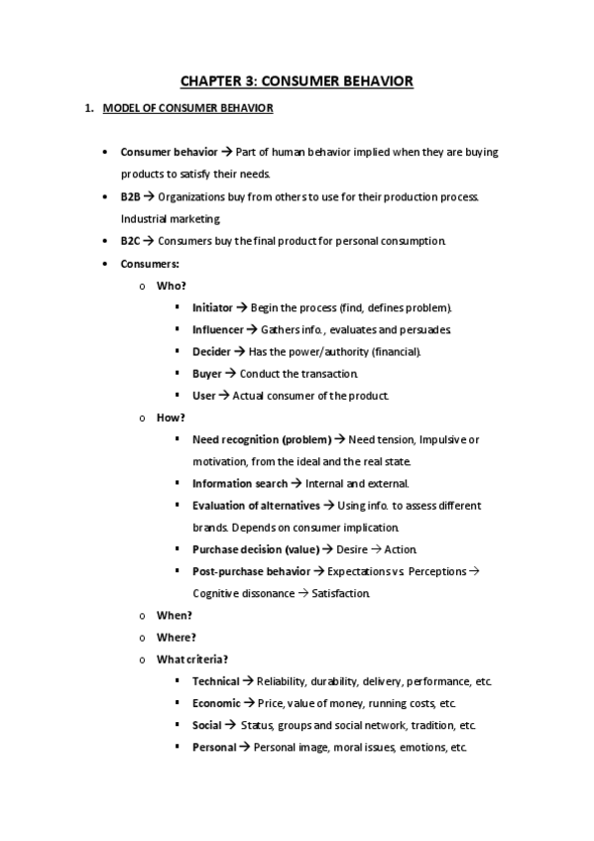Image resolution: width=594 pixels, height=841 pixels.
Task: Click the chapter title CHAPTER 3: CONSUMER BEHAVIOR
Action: tap(297, 80)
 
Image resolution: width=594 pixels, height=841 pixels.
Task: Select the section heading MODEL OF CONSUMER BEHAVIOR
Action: tap(187, 108)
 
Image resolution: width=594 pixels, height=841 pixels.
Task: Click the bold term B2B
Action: tap(131, 196)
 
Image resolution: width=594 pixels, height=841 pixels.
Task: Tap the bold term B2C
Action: tap(131, 241)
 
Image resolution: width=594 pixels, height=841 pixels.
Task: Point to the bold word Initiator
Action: tap(212, 307)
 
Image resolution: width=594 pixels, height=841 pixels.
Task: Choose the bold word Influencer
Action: tap(217, 329)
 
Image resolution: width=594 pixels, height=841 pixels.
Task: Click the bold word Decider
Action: tap(211, 351)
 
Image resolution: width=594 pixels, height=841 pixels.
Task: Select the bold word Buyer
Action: tap(206, 374)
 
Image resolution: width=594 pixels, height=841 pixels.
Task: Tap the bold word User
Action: tap(203, 396)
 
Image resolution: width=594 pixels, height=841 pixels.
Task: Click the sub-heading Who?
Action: tap(171, 286)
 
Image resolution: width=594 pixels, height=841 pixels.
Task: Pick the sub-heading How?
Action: tap(171, 418)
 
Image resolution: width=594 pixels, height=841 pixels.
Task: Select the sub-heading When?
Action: tap(175, 615)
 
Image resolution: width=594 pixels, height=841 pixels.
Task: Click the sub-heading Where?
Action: tap(176, 638)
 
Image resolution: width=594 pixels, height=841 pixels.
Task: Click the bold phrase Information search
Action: tap(239, 484)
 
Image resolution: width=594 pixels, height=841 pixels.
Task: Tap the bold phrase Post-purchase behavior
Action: tap(251, 571)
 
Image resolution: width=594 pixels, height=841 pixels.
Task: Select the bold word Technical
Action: tap(215, 681)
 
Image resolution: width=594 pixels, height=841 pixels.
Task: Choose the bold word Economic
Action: tap(216, 703)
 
